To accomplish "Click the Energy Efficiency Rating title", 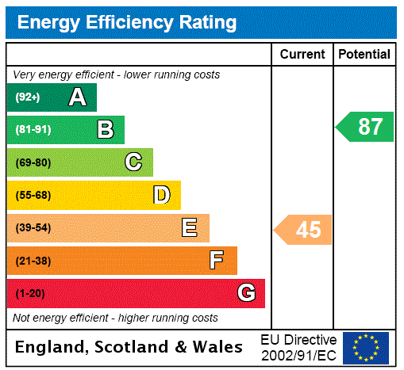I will [127, 22].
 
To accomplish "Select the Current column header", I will [302, 55].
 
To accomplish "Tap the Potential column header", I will [364, 55].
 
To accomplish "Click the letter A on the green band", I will [77, 97].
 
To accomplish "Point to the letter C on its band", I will [133, 162].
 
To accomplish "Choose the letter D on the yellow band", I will [161, 195].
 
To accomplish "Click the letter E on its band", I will [190, 228].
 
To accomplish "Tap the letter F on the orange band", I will [217, 261].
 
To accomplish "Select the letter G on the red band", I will [246, 293].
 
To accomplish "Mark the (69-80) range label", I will [33, 162].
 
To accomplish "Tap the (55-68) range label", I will [33, 195].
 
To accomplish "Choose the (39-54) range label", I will [33, 228].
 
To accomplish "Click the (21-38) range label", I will [33, 261].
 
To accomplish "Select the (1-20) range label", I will [30, 293].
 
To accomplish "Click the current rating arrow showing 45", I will [304, 230].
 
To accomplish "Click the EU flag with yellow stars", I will [366, 347].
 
